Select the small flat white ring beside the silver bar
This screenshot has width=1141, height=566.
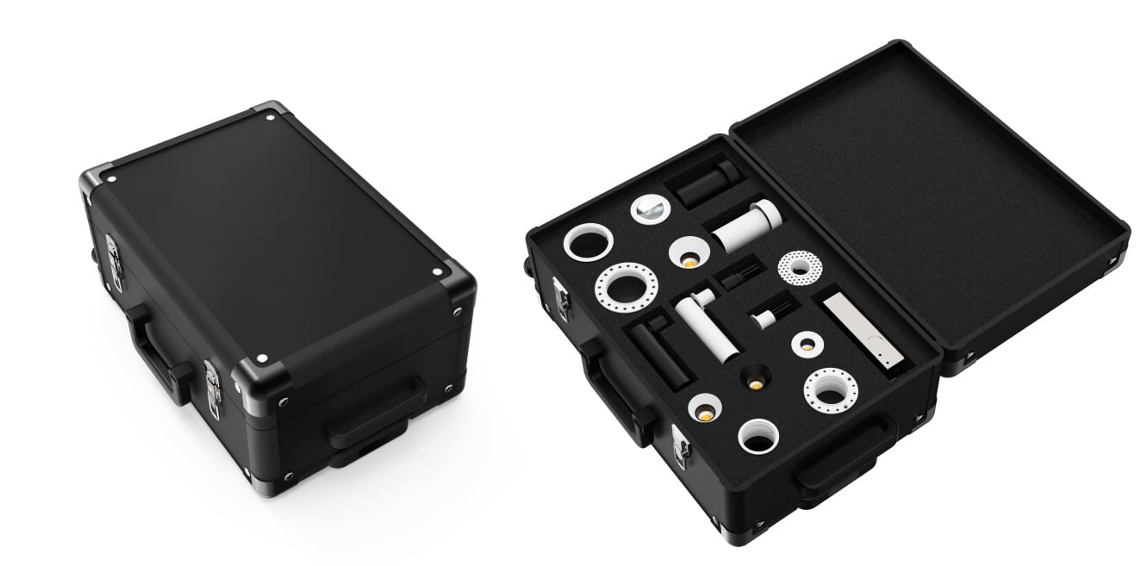807,343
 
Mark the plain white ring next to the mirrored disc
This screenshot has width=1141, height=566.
588,243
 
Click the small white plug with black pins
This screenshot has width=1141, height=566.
765,314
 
